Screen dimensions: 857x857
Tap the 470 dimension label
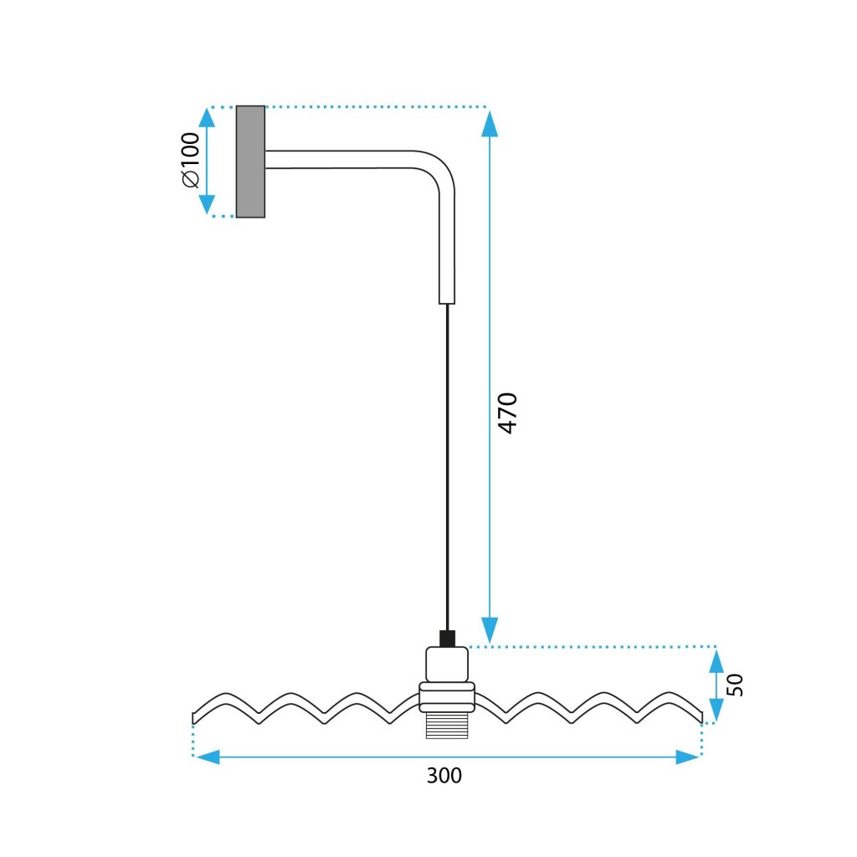point(508,412)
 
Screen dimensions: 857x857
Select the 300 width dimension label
point(444,776)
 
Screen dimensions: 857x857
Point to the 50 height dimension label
point(735,685)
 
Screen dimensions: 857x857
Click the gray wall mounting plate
point(250,162)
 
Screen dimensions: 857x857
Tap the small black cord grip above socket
point(447,639)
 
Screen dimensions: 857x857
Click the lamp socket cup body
point(447,665)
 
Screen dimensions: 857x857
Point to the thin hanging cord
point(448,460)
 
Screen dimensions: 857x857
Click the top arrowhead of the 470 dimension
point(490,122)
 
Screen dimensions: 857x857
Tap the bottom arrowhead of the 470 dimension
point(490,629)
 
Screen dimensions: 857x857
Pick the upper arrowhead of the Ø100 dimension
point(207,118)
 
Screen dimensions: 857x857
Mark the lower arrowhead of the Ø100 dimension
point(207,204)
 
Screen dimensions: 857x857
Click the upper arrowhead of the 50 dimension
point(716,662)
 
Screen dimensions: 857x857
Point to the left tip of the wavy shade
point(194,717)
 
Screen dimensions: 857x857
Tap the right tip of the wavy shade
point(700,714)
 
